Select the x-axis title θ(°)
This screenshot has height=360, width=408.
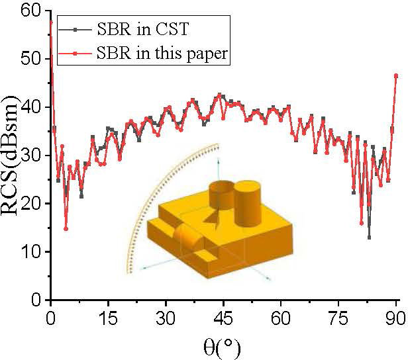pyautogui.click(x=223, y=344)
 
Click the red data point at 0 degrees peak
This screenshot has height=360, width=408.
pyautogui.click(x=51, y=22)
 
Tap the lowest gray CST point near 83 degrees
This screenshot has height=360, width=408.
pyautogui.click(x=369, y=237)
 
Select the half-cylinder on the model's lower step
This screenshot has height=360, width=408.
pyautogui.click(x=187, y=238)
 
